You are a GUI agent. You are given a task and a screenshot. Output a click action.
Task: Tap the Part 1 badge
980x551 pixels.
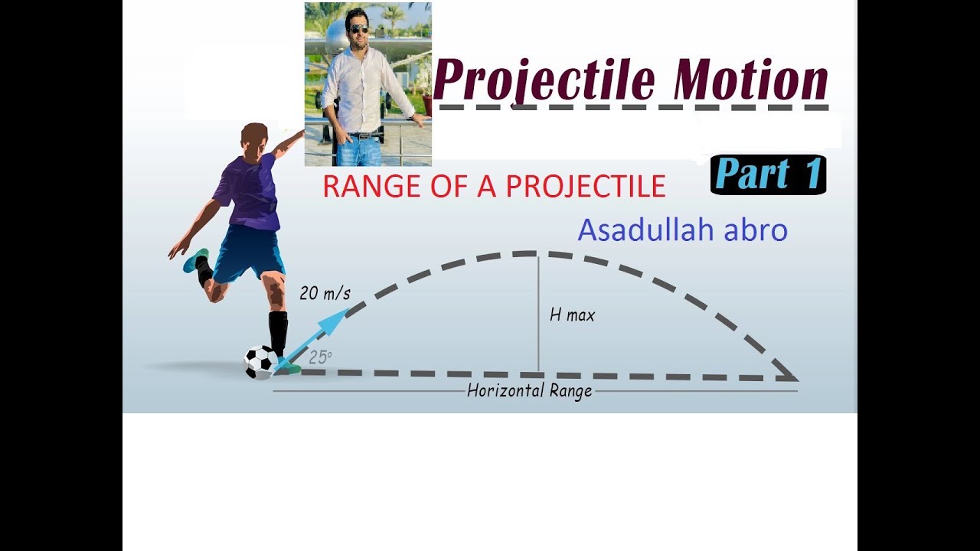pos(769,175)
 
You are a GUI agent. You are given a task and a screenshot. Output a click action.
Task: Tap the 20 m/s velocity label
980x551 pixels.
pos(325,292)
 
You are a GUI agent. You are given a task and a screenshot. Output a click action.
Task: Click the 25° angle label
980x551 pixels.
pos(320,356)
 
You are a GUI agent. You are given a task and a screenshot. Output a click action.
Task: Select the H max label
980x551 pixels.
pos(572,315)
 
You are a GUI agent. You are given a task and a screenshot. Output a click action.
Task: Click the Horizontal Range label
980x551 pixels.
pos(530,391)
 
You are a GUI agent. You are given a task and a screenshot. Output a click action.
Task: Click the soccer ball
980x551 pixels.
pos(260,362)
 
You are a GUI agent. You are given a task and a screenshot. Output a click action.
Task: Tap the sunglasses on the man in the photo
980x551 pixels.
pos(357,29)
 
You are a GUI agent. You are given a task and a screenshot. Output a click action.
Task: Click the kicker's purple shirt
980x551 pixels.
pos(249,191)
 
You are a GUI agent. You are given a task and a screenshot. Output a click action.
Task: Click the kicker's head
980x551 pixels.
pos(254,139)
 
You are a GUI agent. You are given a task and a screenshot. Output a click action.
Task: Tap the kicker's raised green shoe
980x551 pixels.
pos(194,260)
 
